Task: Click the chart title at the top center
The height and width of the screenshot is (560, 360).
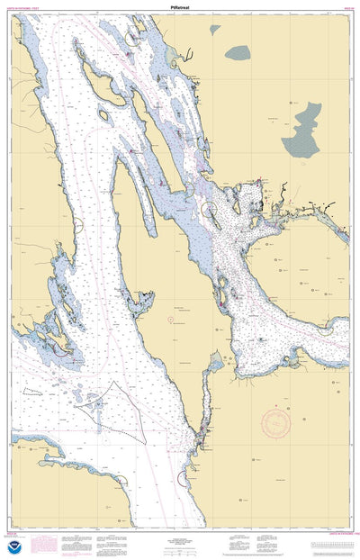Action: click(180, 5)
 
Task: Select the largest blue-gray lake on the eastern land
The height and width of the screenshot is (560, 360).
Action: click(302, 131)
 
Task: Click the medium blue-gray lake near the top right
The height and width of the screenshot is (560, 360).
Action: click(238, 52)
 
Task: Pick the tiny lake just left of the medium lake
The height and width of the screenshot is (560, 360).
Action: click(214, 30)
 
